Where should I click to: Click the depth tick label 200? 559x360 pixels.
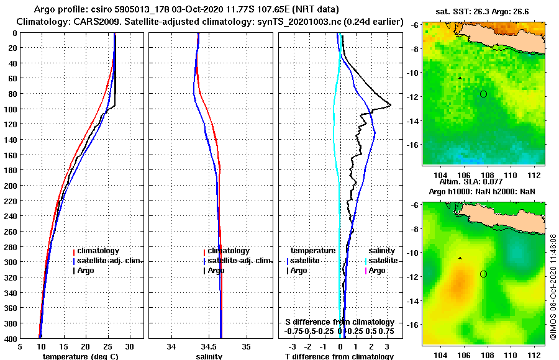(10, 185)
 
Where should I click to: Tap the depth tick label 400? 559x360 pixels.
(10, 338)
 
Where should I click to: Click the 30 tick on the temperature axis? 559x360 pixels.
(129, 347)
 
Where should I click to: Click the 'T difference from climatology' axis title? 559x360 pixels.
(339, 356)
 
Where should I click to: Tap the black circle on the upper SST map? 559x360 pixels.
(483, 94)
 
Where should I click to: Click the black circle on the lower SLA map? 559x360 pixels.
(483, 274)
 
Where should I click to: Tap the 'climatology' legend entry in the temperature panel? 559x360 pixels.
(98, 251)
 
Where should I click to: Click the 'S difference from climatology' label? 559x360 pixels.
(339, 322)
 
